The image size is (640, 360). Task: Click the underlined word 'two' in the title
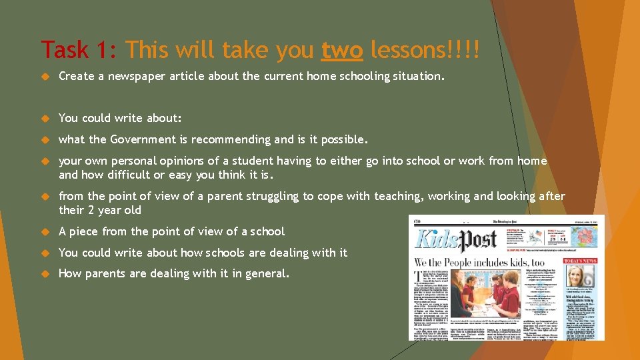coord(341,49)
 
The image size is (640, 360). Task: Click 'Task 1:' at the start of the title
coord(79,49)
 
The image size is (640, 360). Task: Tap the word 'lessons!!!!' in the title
coord(425,49)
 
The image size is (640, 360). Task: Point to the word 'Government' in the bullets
coord(149,139)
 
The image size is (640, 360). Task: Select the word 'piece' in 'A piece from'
coord(84,231)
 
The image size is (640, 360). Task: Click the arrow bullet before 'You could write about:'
coord(46,119)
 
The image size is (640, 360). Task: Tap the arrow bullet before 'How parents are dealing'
coord(46,274)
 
